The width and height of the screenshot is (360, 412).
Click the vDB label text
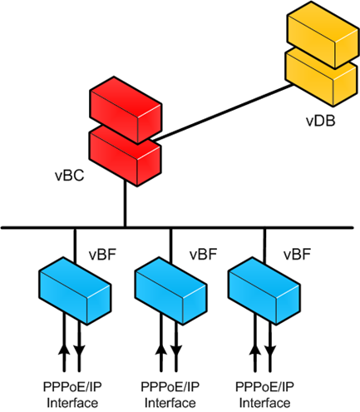coord(320,121)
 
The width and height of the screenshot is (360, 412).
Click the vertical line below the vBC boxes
coord(125,204)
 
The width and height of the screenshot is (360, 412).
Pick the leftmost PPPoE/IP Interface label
coord(71,394)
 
